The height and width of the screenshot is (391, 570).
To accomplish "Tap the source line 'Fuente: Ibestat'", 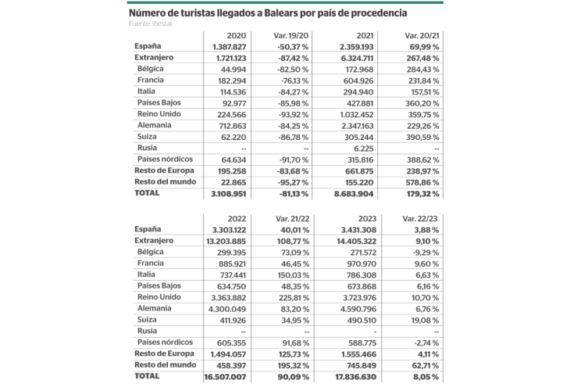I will pos(151,23).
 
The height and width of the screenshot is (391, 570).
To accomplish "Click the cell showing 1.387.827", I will pos(225,47).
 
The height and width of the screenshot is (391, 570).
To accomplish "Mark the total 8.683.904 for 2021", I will pos(352,193).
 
